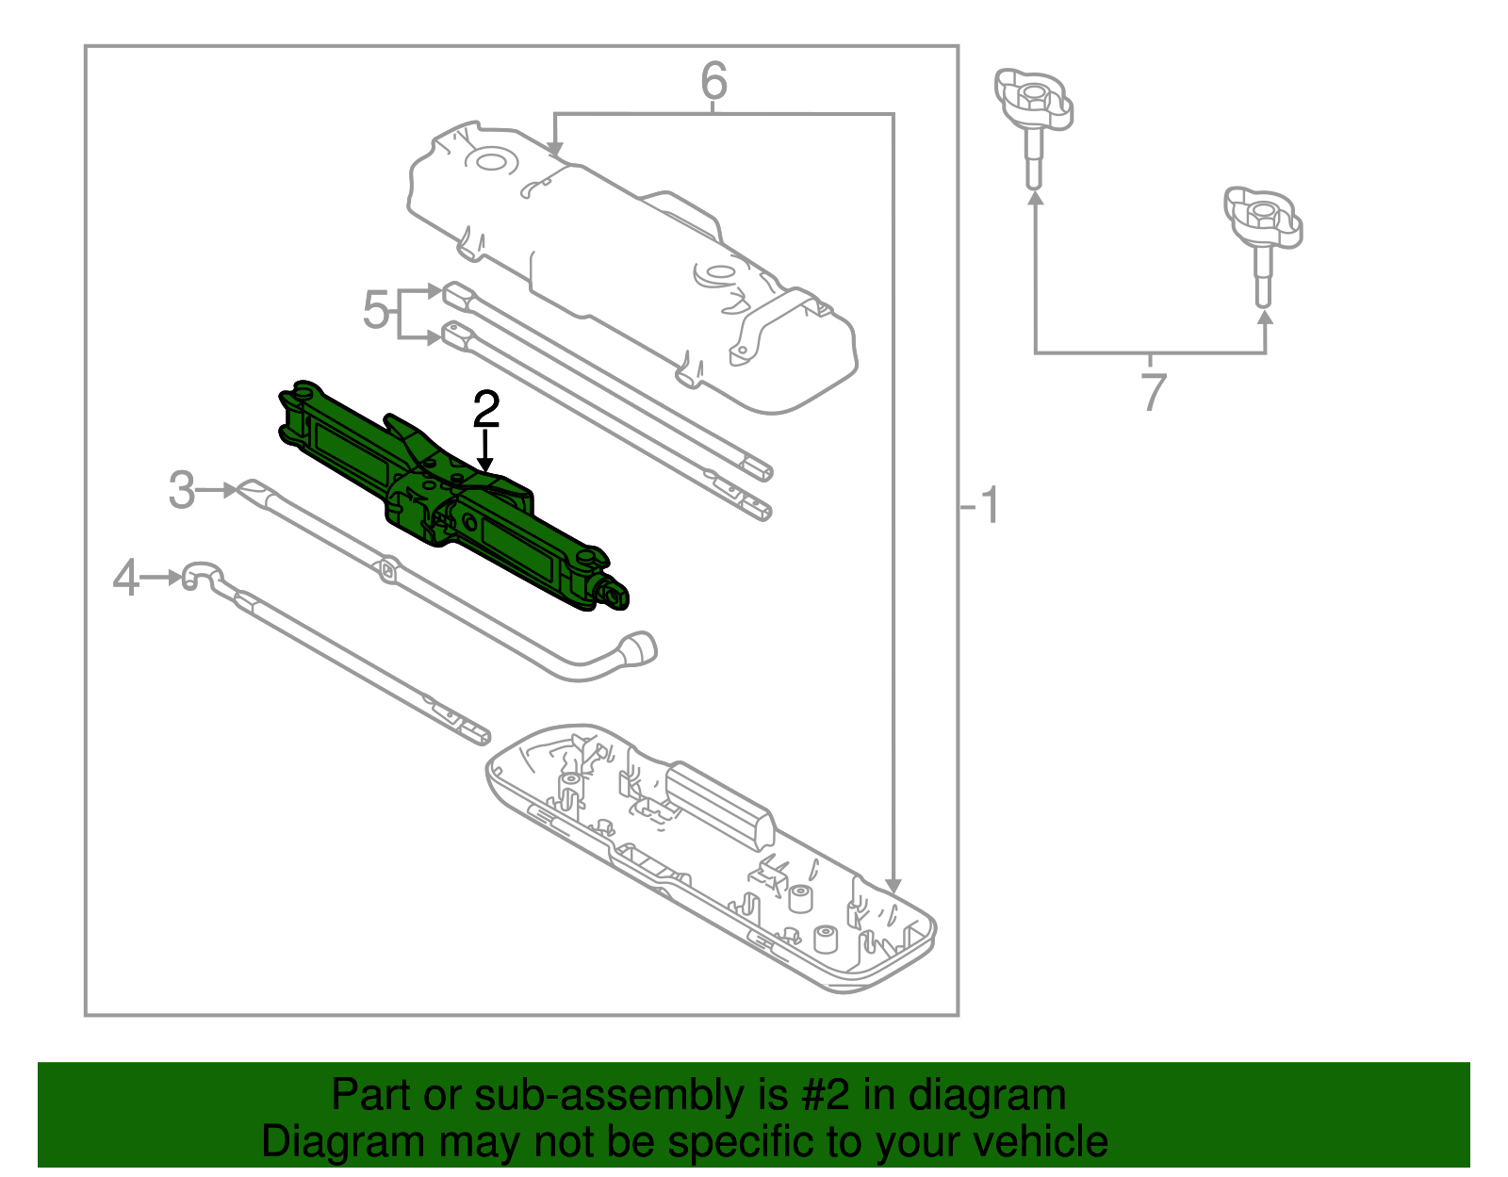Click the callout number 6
pos(713,82)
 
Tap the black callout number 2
pos(486,411)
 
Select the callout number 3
pos(181,491)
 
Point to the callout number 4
pos(125,578)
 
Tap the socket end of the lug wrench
pos(639,648)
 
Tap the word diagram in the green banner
pos(986,1096)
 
